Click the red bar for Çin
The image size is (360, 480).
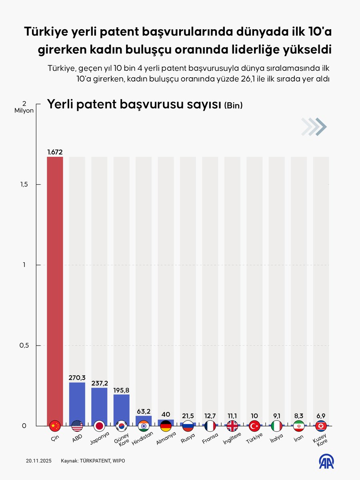click(x=55, y=288)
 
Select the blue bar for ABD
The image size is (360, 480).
click(x=77, y=402)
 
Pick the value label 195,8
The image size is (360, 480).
click(x=121, y=390)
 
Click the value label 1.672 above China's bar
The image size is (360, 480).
click(x=55, y=152)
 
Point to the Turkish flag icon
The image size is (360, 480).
click(x=254, y=426)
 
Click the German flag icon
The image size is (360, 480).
click(x=166, y=426)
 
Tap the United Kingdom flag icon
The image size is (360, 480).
click(x=232, y=426)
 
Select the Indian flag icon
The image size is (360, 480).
click(x=144, y=426)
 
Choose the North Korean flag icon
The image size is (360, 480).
click(x=321, y=426)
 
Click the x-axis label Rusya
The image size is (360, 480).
click(x=187, y=439)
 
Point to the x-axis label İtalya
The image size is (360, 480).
click(x=276, y=439)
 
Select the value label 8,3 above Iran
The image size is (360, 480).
click(x=299, y=416)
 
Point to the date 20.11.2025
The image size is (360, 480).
click(x=37, y=461)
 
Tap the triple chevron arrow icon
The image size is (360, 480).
click(x=314, y=127)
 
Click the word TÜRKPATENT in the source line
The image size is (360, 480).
click(x=96, y=461)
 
